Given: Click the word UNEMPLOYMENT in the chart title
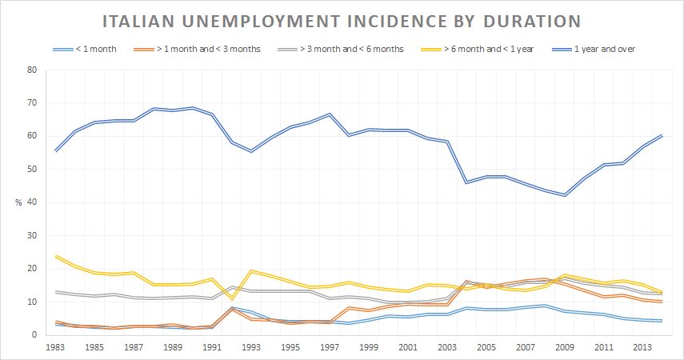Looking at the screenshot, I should click(259, 19).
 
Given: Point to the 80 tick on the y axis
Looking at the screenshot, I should click(32, 70).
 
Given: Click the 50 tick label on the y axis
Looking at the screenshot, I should click(32, 170).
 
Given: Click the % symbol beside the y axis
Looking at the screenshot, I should click(18, 202).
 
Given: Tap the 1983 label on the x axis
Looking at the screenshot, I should click(56, 349).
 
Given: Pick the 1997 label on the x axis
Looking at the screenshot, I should click(330, 349).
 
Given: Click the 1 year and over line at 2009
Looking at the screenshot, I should click(566, 195).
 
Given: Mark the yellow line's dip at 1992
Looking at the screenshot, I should click(232, 298).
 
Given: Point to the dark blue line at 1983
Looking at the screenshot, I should click(56, 150).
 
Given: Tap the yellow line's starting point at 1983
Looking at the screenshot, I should click(56, 256).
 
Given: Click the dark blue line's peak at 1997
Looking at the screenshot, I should click(330, 114).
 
